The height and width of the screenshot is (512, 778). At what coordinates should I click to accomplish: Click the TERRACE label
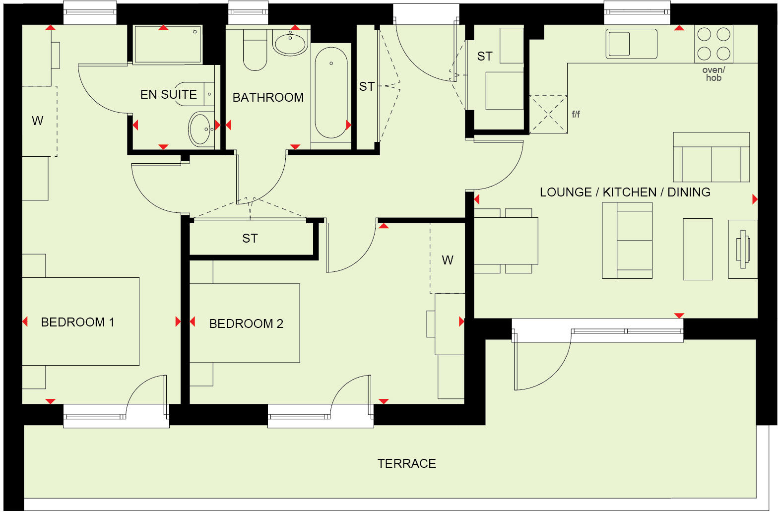tap(406, 463)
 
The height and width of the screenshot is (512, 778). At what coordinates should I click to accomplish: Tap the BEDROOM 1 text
tap(77, 322)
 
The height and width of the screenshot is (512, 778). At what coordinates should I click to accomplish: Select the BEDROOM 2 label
tap(246, 323)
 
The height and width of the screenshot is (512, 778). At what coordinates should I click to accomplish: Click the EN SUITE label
tap(168, 94)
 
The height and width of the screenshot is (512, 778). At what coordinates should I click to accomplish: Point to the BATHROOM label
tap(268, 97)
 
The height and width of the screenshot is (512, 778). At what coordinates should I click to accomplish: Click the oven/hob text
tap(713, 74)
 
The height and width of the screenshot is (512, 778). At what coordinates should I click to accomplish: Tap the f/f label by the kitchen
tap(576, 114)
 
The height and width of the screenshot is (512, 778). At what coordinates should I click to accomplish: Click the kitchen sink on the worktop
tap(631, 44)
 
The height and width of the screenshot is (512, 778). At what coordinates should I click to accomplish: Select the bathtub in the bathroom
tap(331, 92)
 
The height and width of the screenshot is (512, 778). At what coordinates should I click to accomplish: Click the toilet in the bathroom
tap(255, 52)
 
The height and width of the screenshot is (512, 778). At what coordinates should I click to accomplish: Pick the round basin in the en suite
tap(200, 129)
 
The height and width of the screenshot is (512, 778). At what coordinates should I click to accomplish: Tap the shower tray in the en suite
tap(167, 45)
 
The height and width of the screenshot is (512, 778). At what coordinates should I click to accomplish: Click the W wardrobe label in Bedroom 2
tap(447, 260)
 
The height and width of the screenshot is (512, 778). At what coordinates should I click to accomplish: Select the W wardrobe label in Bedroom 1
tap(37, 121)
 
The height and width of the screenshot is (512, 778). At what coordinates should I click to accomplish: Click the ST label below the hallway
tap(250, 239)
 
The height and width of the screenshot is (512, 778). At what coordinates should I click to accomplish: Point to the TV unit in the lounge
tap(743, 249)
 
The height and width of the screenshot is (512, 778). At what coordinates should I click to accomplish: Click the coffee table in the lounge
tap(698, 249)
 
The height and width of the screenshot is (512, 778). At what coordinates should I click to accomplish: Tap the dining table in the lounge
tap(506, 241)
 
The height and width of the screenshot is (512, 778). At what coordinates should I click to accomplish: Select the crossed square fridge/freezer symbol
tap(548, 114)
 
